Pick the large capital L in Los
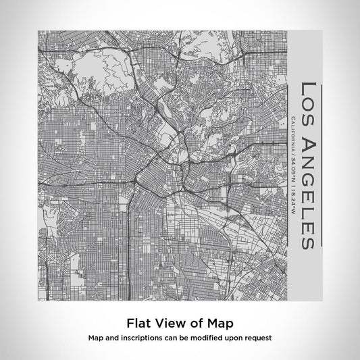pyautogui.click(x=307, y=86)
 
